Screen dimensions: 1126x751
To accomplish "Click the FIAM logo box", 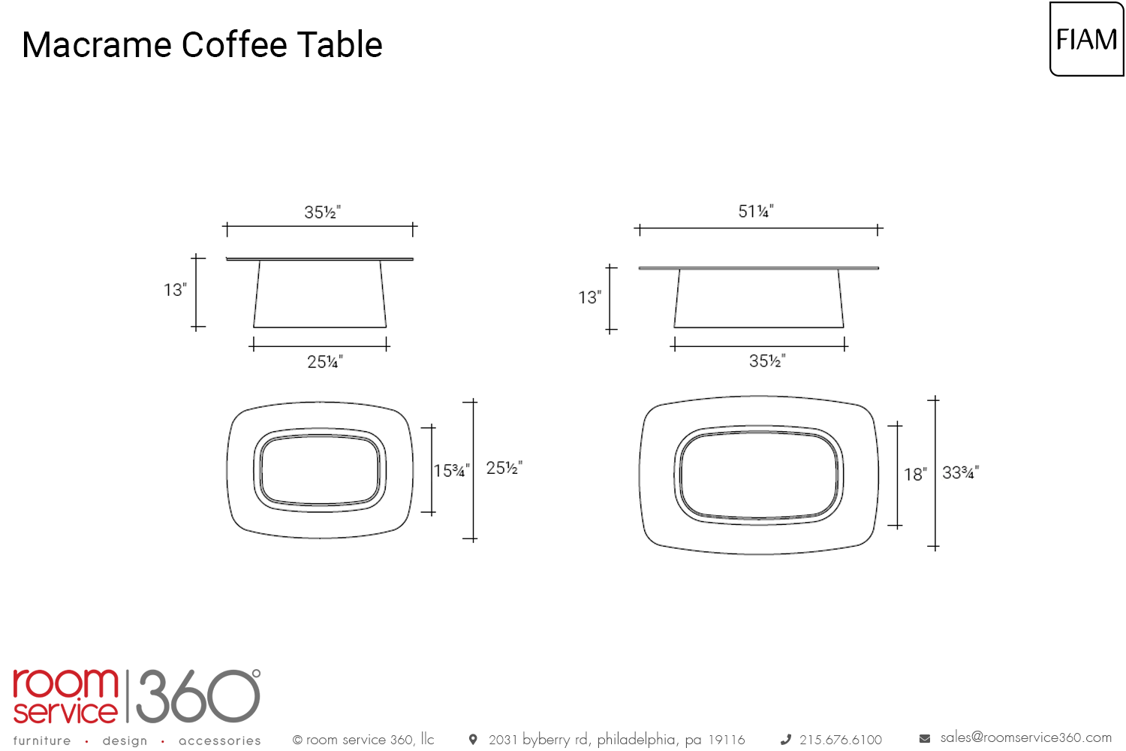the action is [1087, 39].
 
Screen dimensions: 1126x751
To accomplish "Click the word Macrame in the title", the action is [97, 45].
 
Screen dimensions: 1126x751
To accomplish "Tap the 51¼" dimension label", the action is [755, 211].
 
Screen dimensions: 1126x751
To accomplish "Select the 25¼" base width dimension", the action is [325, 362].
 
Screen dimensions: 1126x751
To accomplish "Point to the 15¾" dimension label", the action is [451, 471].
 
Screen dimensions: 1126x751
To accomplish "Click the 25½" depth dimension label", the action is [504, 468].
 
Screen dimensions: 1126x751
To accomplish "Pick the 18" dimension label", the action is [915, 475].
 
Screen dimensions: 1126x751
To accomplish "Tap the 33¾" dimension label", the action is [961, 473].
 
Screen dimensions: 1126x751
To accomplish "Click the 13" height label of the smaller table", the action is [175, 290].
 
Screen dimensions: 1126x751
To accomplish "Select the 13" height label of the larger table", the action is [589, 297].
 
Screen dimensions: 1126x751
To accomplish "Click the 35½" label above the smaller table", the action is [322, 213].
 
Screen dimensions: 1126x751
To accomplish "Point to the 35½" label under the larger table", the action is [767, 360].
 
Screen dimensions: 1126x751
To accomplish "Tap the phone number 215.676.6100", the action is [841, 740].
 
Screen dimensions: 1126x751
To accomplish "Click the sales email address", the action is [1026, 737].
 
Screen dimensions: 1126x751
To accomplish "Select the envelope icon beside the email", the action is [924, 738].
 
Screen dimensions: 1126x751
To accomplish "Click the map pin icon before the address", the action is [473, 740].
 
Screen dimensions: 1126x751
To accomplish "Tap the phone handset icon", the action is [786, 740].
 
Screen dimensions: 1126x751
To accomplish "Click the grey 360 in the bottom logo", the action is [198, 696].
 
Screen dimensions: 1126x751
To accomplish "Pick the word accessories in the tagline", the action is [220, 740].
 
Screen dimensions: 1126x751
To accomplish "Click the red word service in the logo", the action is [65, 711].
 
